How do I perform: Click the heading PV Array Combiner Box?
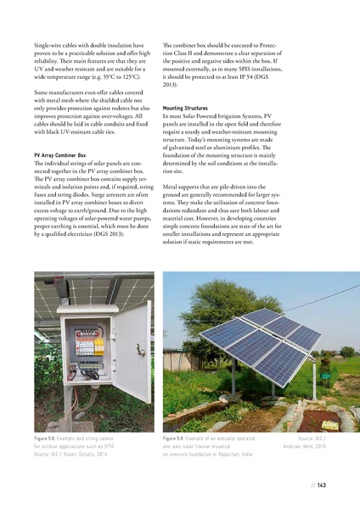click(x=59, y=156)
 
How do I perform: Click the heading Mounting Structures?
click(x=185, y=109)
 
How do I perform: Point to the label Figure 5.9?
click(x=178, y=438)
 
